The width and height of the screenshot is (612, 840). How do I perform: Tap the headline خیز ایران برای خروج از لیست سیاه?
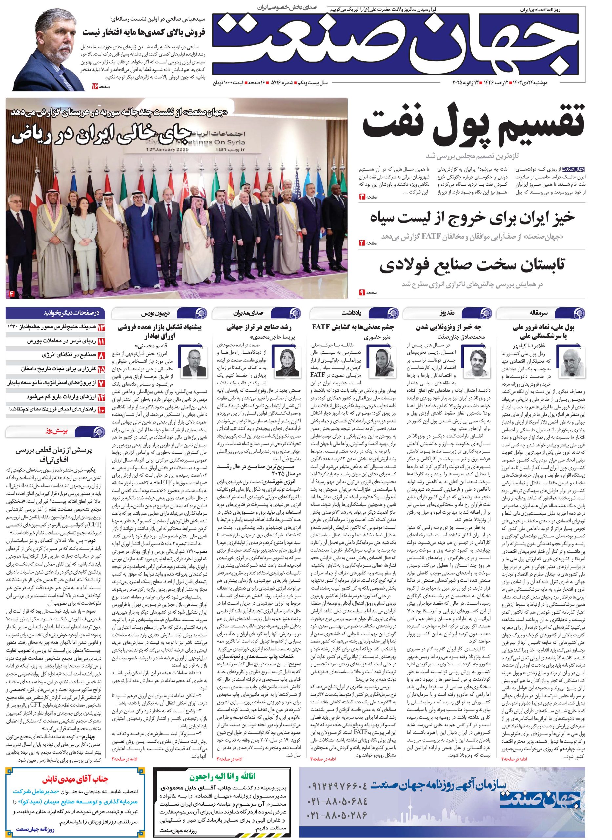pos(472,218)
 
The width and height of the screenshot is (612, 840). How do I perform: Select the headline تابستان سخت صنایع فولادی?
pos(472,266)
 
